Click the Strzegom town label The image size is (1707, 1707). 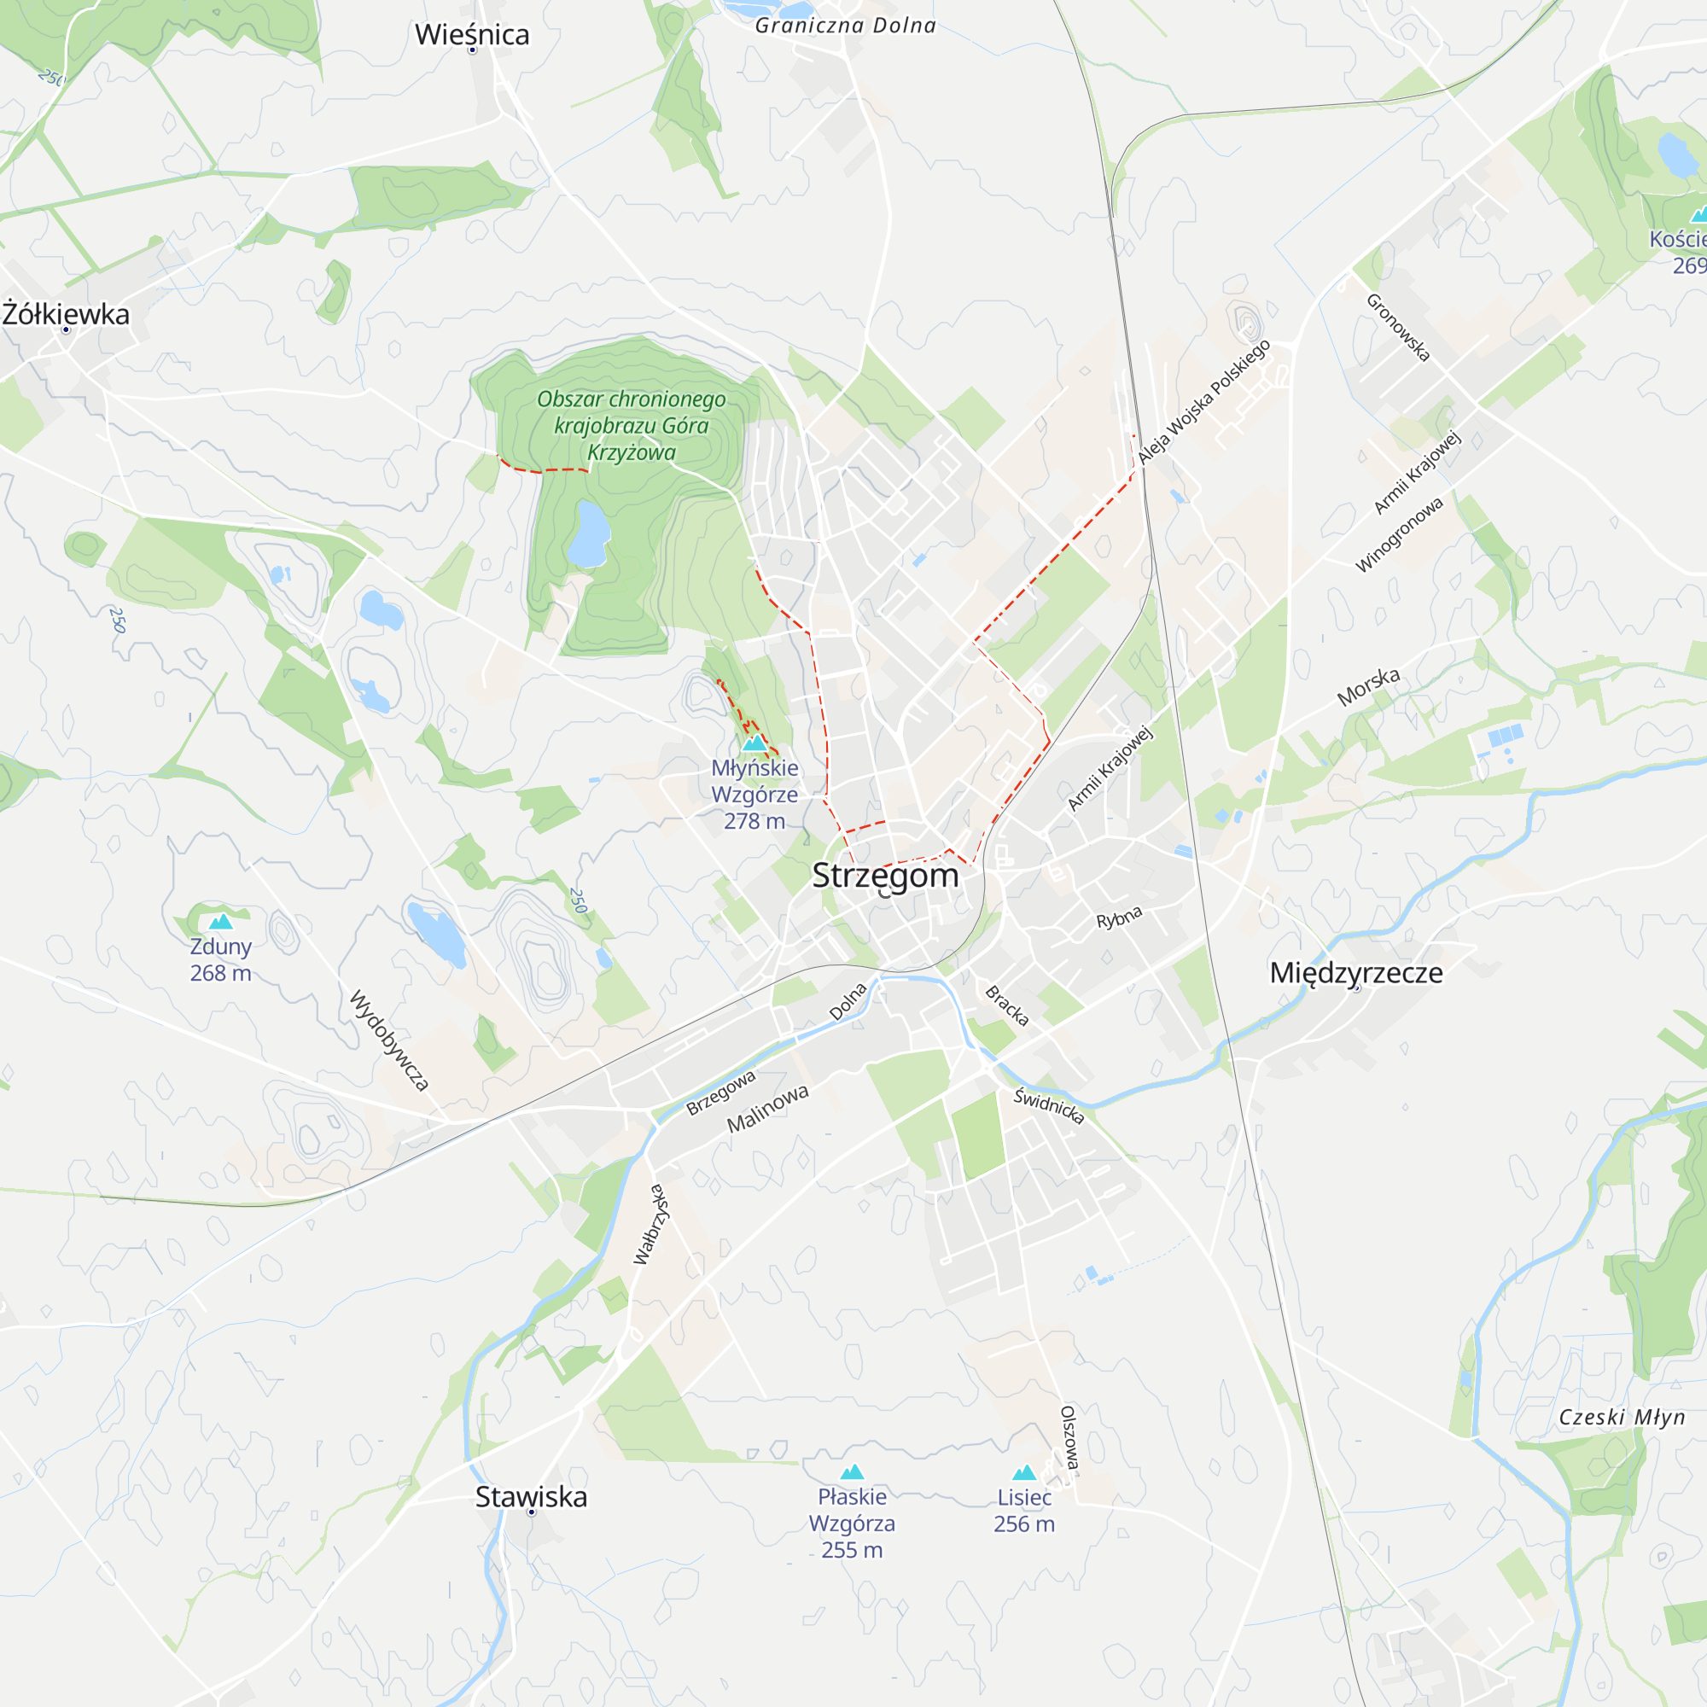click(x=885, y=876)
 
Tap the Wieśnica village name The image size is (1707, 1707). click(x=472, y=34)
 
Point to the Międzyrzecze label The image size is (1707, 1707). click(x=1356, y=973)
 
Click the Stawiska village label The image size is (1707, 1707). click(x=531, y=1497)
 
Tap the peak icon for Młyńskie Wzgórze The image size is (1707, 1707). click(x=754, y=743)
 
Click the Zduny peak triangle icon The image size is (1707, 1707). click(x=221, y=923)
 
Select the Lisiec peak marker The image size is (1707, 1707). click(x=1024, y=1472)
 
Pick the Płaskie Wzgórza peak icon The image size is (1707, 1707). click(x=852, y=1471)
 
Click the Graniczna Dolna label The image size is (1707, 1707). click(x=846, y=26)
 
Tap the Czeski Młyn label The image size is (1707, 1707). click(x=1622, y=1417)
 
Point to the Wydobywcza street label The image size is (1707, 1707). click(x=388, y=1040)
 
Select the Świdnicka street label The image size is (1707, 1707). click(x=1049, y=1105)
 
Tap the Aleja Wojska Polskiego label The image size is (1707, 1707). click(x=1204, y=401)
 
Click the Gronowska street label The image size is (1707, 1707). click(x=1398, y=327)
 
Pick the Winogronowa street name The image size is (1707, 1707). click(x=1400, y=534)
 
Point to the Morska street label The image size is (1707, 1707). click(x=1369, y=686)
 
